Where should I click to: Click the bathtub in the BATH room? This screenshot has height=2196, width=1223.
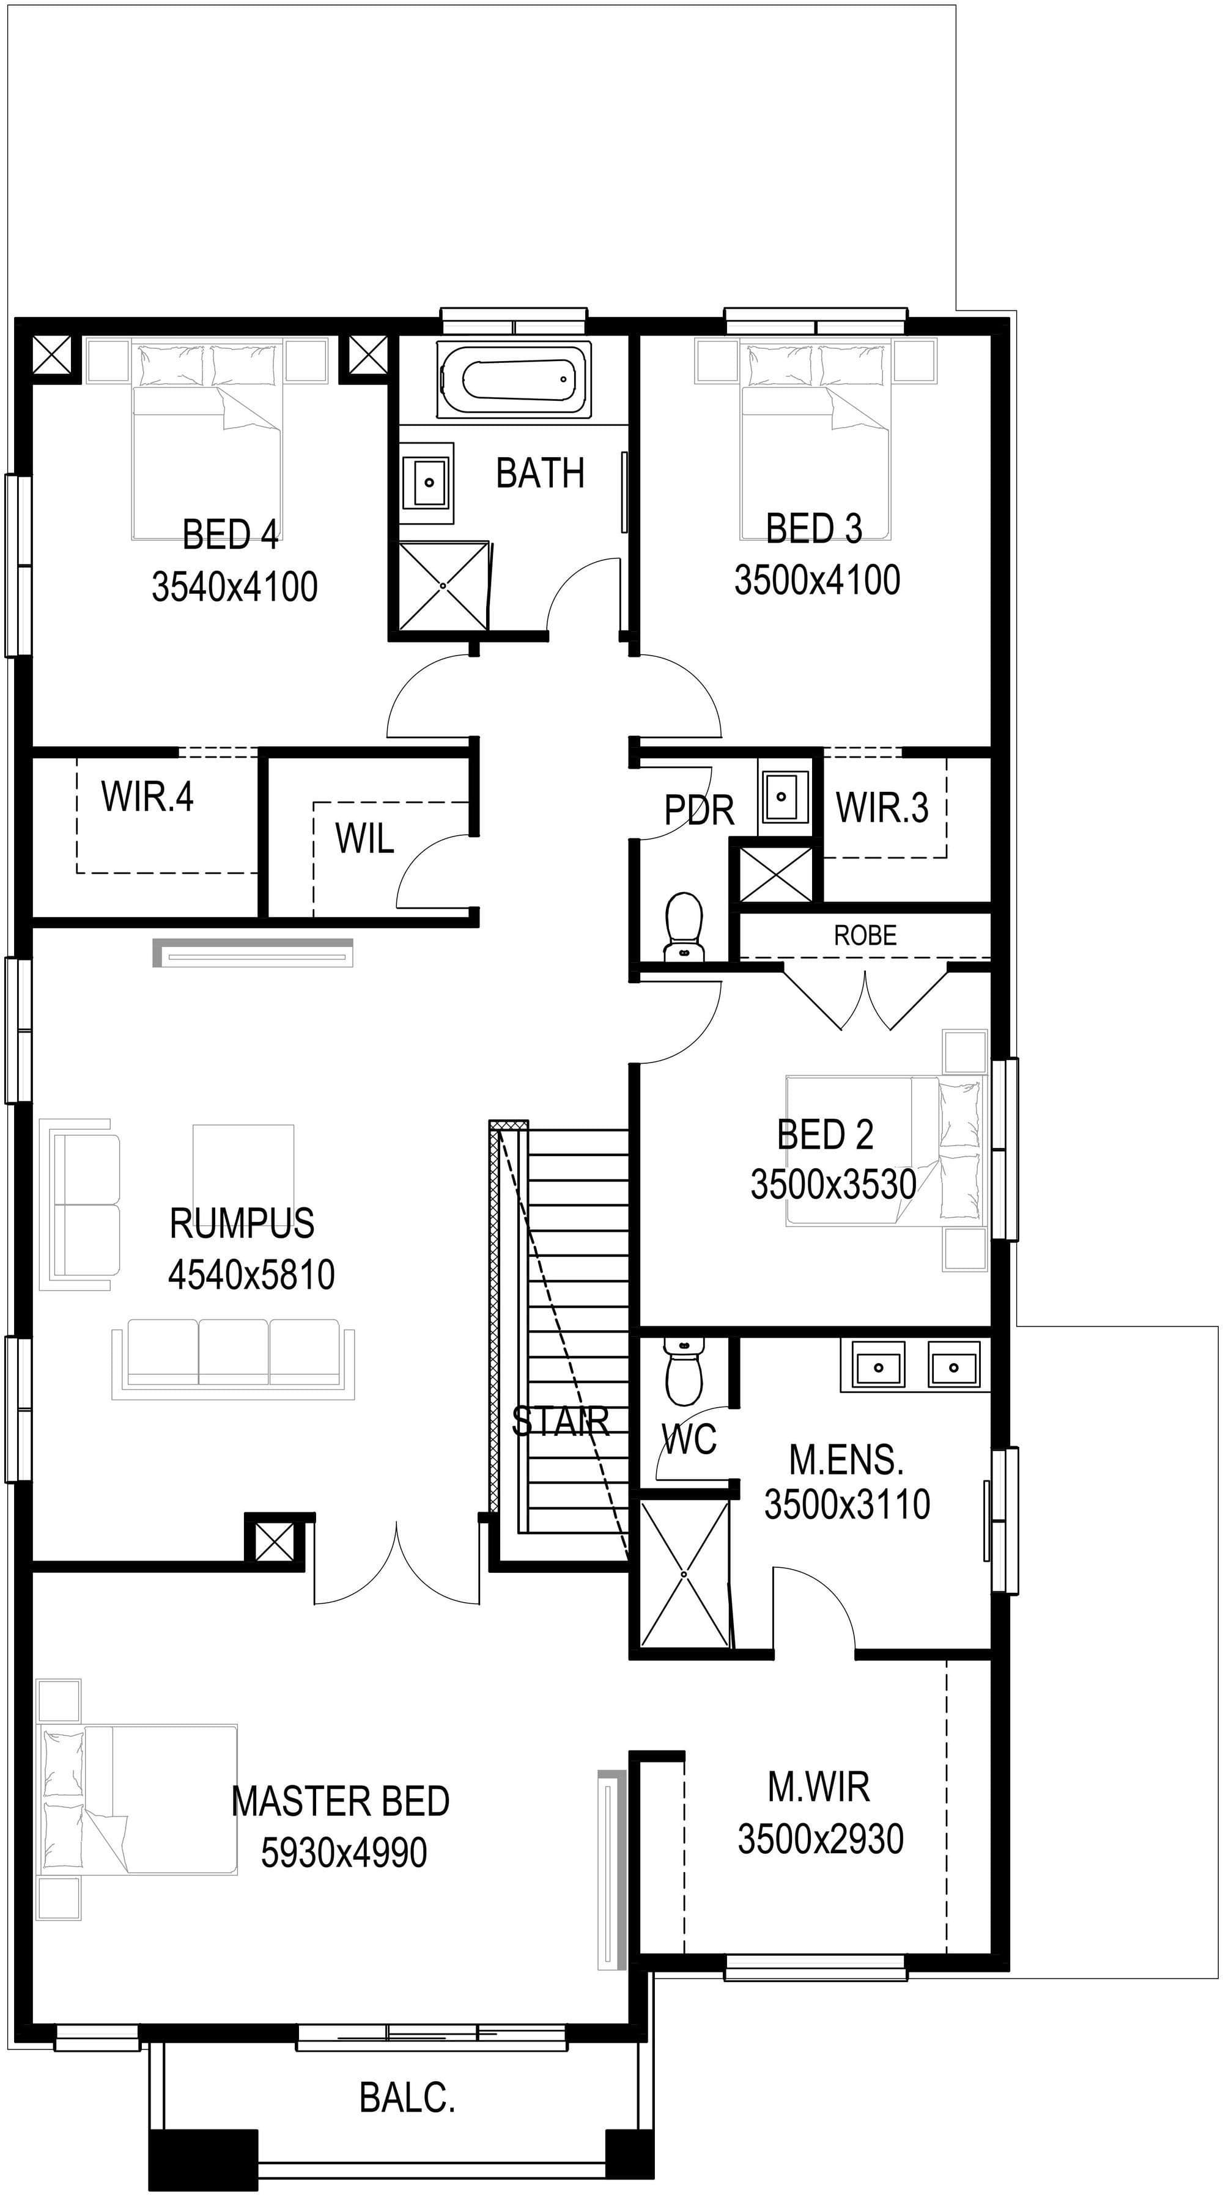coord(514,379)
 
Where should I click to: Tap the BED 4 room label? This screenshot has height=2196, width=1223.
coord(231,535)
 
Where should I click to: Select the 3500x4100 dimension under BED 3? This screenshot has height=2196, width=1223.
coord(817,580)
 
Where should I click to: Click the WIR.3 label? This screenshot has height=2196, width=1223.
coord(882,807)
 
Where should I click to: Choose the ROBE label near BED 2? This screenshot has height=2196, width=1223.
coord(865,936)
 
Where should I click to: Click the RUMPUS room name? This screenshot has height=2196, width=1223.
coord(242,1223)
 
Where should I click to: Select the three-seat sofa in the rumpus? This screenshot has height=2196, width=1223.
coord(233,1360)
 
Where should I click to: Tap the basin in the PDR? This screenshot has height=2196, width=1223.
coord(782,797)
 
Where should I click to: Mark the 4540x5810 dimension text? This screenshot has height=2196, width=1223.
coord(251,1275)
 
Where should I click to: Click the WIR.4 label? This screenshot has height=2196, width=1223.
coord(147,797)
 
